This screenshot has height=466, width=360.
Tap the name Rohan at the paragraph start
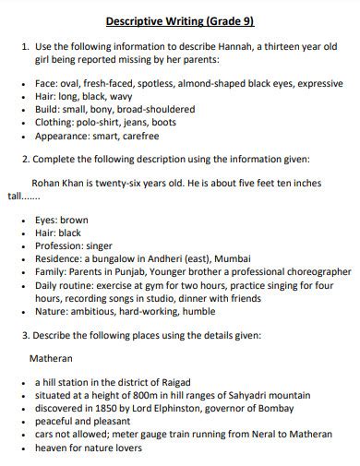pyautogui.click(x=47, y=183)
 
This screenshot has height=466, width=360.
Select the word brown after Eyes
pyautogui.click(x=76, y=221)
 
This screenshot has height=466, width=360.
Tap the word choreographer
pyautogui.click(x=312, y=273)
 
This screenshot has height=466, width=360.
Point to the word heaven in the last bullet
pyautogui.click(x=53, y=447)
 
